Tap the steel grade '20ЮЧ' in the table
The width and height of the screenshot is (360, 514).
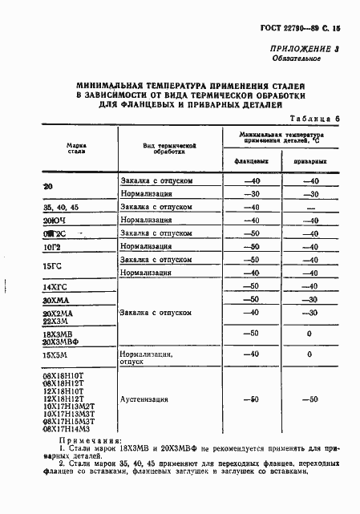(x=54, y=220)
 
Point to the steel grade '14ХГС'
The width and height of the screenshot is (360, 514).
(x=55, y=286)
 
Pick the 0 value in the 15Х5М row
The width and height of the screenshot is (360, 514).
(x=308, y=354)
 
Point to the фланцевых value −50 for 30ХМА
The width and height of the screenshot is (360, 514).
(x=253, y=299)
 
